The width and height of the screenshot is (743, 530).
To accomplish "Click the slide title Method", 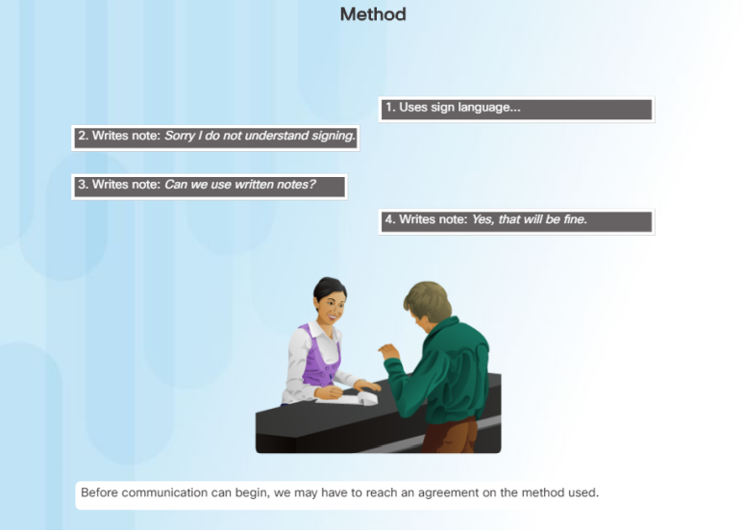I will click(373, 14).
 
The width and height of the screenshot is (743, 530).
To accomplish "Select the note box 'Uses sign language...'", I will click(515, 109).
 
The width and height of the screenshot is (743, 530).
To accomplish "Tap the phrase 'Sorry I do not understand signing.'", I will click(260, 137).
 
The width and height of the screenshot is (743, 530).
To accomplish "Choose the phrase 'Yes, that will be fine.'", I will click(529, 220).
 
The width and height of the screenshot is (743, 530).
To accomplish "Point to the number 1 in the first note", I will click(388, 108).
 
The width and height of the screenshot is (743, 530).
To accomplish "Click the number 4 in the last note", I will click(388, 220).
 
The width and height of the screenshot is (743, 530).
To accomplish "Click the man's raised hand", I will click(388, 352).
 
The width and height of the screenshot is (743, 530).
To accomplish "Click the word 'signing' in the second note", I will click(333, 137).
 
